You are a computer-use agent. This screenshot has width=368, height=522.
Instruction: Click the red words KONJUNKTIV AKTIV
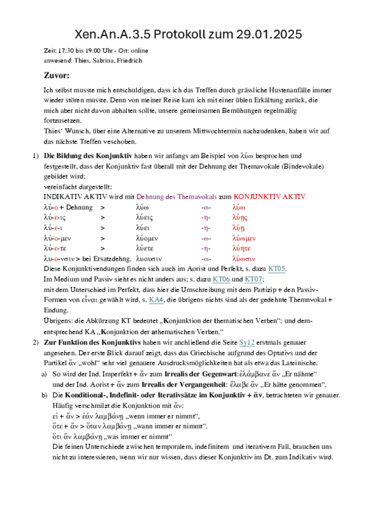269,197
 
